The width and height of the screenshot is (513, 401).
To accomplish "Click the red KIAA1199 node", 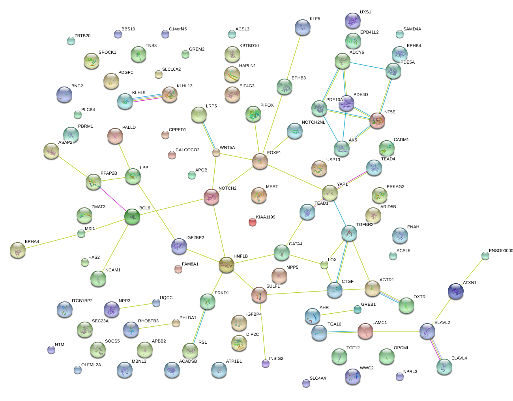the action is [253, 222].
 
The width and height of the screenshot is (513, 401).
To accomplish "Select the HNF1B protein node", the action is [227, 265].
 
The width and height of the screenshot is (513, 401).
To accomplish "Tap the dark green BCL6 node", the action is [132, 217].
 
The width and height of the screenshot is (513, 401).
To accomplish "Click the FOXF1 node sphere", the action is [260, 162].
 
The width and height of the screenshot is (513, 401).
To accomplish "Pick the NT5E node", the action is [377, 121].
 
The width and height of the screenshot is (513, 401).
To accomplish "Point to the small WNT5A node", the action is [216, 152].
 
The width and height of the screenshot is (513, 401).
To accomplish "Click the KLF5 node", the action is [302, 27].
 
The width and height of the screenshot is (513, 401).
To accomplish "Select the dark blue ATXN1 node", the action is [456, 291].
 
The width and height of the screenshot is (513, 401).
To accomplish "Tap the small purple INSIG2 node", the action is [265, 363].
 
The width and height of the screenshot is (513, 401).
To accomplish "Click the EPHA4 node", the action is [18, 250].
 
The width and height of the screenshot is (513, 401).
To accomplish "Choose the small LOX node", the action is [324, 265].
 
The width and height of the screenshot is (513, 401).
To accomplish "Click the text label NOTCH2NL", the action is [313, 122].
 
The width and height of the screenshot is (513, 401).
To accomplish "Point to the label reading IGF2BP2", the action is [195, 237].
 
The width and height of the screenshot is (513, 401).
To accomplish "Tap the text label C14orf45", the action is [178, 29].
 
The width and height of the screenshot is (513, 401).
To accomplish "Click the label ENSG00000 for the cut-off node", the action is [501, 250].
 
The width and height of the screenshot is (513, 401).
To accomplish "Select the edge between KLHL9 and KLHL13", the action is [147, 98].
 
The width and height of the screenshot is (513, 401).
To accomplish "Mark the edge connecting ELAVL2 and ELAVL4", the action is [436, 349].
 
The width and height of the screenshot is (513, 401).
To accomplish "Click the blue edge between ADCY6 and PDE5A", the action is [368, 66].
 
